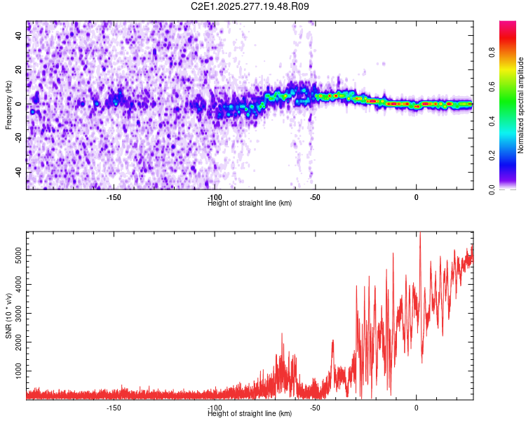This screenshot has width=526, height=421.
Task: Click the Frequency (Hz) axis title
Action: pos(8,105)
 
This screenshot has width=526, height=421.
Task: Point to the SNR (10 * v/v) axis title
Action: pos(8,316)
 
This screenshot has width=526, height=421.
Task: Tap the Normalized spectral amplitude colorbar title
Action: pos(520,105)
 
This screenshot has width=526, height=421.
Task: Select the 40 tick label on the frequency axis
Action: pos(19,37)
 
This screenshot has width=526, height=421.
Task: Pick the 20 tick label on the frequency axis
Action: pos(19,71)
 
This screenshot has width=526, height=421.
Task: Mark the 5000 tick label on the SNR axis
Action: pos(15,258)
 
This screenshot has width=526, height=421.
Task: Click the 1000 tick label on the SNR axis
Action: pos(15,369)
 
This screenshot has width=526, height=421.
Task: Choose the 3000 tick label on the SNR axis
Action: pos(15,314)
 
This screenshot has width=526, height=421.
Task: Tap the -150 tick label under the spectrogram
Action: pos(114,197)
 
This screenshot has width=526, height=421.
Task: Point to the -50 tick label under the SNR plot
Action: pos(316,408)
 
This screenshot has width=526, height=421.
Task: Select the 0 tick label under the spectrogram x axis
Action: pos(417,197)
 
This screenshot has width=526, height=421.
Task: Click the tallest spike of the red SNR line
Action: pos(419,236)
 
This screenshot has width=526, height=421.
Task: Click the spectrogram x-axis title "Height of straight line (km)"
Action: pos(250,203)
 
